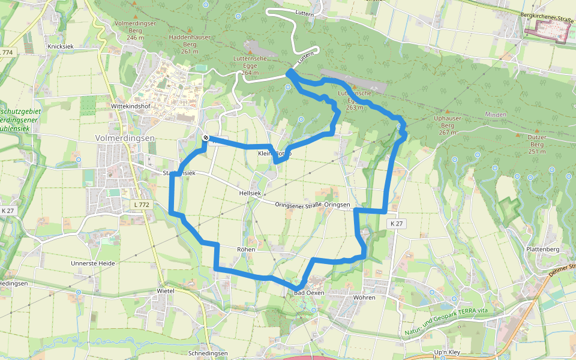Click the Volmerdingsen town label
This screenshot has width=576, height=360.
click(125, 138)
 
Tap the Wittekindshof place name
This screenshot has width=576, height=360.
click(131, 106)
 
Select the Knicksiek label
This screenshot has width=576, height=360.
click(61, 46)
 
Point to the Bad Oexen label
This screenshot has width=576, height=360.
click(308, 293)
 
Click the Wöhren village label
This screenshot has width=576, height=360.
click(364, 298)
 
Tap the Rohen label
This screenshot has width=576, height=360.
click(246, 249)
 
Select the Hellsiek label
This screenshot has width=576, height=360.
click(249, 194)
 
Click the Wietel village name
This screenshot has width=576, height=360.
click(165, 290)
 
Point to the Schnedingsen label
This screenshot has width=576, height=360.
click(208, 353)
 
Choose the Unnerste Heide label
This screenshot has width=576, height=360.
click(92, 263)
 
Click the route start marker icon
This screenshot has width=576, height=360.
click(205, 139)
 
